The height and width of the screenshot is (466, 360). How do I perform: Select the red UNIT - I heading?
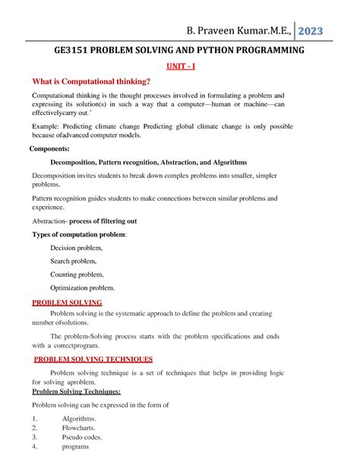click(x=181, y=68)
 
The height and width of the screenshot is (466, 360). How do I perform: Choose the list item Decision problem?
click(x=76, y=248)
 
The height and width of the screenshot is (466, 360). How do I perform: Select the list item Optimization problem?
click(x=83, y=288)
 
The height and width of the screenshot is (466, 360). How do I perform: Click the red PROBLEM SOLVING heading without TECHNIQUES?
click(x=66, y=303)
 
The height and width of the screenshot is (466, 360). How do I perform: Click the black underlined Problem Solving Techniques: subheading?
click(x=76, y=391)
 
